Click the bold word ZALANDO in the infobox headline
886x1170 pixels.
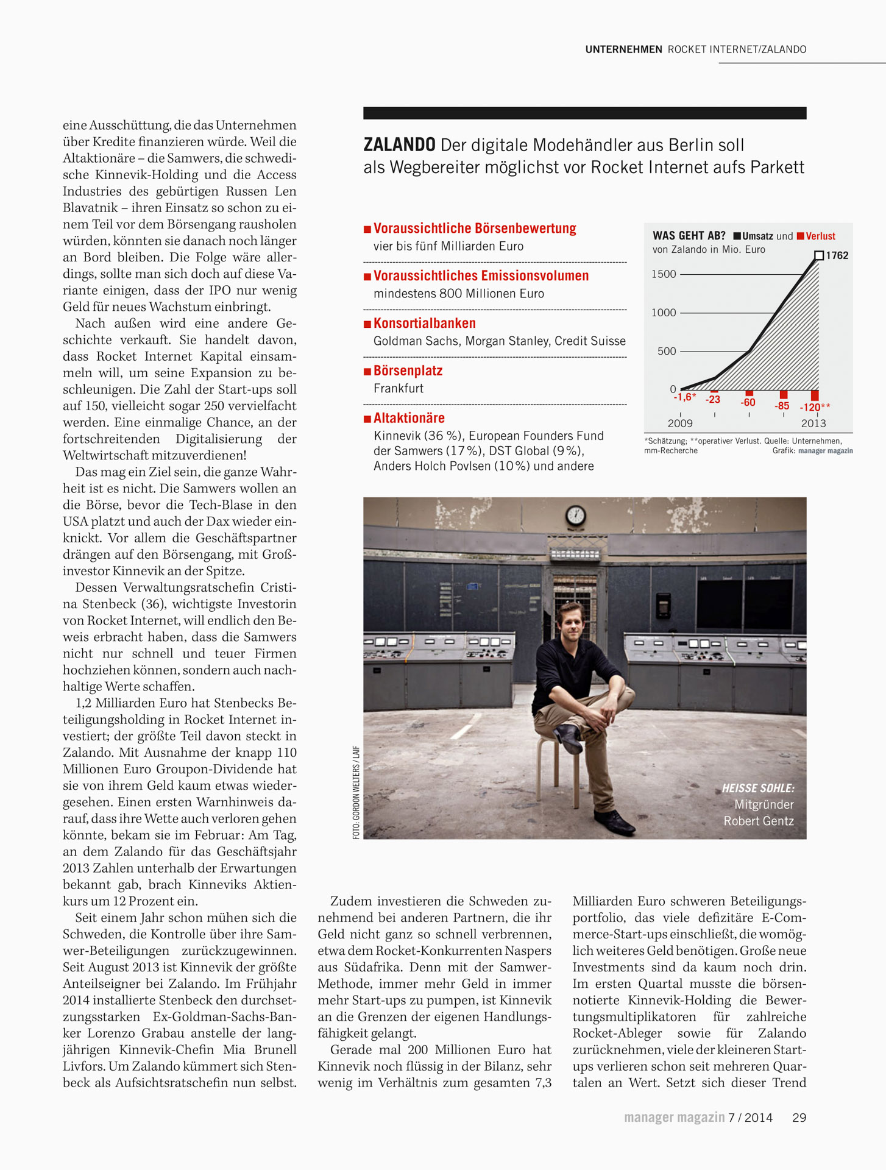pyautogui.click(x=399, y=145)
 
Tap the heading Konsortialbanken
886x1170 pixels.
pyautogui.click(x=424, y=323)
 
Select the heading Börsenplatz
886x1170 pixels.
pyautogui.click(x=408, y=370)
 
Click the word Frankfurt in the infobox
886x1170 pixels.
pyautogui.click(x=399, y=388)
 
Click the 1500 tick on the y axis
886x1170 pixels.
pyautogui.click(x=664, y=274)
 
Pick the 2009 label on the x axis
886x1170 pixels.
pyautogui.click(x=680, y=423)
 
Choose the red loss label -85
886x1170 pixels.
pyautogui.click(x=782, y=406)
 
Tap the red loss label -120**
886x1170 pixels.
pyautogui.click(x=815, y=407)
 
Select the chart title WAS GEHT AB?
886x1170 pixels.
pyautogui.click(x=689, y=236)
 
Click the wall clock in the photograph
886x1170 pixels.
pyautogui.click(x=575, y=516)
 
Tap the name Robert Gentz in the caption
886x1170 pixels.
pyautogui.click(x=759, y=821)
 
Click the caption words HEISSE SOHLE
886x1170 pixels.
pyautogui.click(x=758, y=789)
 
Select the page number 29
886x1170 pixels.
pyautogui.click(x=799, y=1118)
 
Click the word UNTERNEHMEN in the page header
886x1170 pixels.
pyautogui.click(x=623, y=49)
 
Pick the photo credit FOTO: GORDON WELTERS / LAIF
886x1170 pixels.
pyautogui.click(x=356, y=792)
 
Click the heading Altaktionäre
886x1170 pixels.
pyautogui.click(x=409, y=418)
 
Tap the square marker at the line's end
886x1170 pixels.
pyautogui.click(x=819, y=255)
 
